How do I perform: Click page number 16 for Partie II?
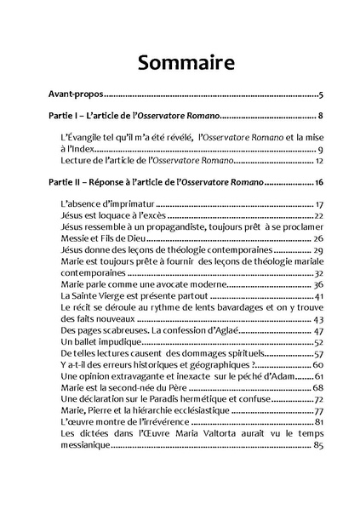pos(317,182)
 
